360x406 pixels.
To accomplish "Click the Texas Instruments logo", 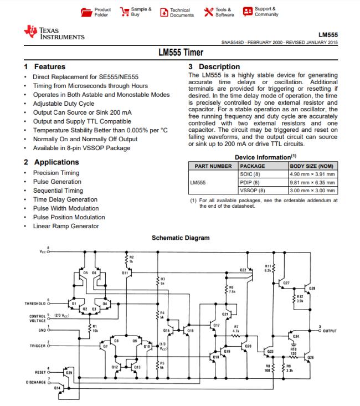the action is coord(54,32).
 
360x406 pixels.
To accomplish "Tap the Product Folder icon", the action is coord(86,12).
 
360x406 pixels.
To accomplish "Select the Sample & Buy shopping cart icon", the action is coord(124,12).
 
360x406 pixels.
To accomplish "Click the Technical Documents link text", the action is coord(182,13).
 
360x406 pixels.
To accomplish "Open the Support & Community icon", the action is coord(248,12).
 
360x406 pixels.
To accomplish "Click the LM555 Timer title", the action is coord(181,53).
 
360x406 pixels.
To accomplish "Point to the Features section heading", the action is coord(45,67).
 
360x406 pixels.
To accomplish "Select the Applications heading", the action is coord(52,162).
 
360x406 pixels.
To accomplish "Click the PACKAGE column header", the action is coord(253,166).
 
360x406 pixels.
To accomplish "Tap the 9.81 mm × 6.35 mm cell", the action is coord(312,183).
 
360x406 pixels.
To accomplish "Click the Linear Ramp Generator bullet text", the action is coord(66,227).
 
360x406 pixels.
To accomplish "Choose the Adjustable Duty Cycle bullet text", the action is coord(64,104).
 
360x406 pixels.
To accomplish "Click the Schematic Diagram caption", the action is coord(181,238).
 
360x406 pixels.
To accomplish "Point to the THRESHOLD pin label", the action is coord(35,304).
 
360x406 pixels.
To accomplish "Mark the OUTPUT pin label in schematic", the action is coord(330,331).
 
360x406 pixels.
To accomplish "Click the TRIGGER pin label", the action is coord(38,346).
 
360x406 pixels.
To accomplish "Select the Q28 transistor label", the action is coord(312,289).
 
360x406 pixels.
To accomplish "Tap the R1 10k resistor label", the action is coord(95,328).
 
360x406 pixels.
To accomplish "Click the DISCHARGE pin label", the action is coord(36,382).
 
